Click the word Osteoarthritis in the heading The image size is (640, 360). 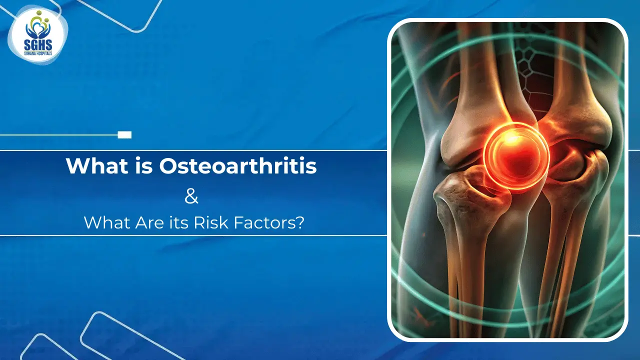pos(238,166)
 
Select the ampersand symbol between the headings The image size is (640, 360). pos(191,196)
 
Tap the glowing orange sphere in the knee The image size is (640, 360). pos(516,153)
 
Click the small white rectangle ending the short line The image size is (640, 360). pos(124,134)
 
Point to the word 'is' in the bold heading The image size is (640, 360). pos(140,166)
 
